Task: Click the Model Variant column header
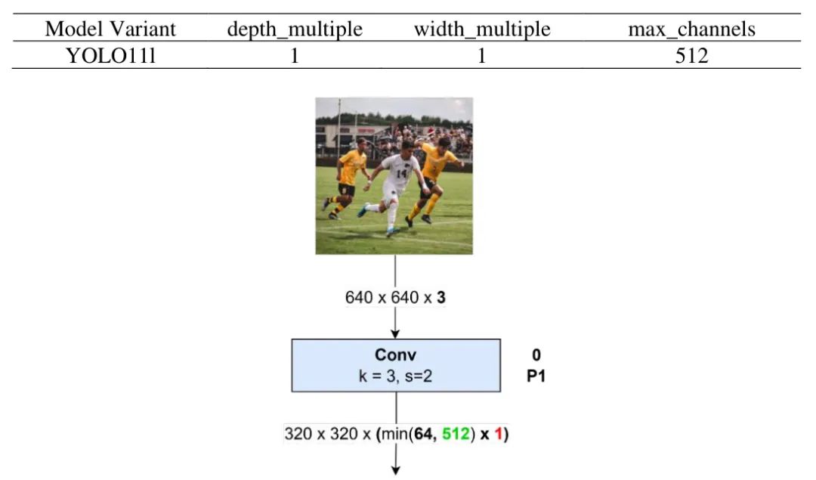110,29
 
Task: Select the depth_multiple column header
295,29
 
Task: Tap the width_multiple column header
481,29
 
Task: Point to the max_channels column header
691,29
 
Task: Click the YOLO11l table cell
110,55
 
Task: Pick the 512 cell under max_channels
691,55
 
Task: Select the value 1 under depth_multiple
295,55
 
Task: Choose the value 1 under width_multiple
481,55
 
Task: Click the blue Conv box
396,365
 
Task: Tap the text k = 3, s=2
396,375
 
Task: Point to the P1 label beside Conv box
536,375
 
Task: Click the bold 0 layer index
536,355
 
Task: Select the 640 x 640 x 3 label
395,297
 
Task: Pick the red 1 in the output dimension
500,435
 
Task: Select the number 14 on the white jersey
400,172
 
